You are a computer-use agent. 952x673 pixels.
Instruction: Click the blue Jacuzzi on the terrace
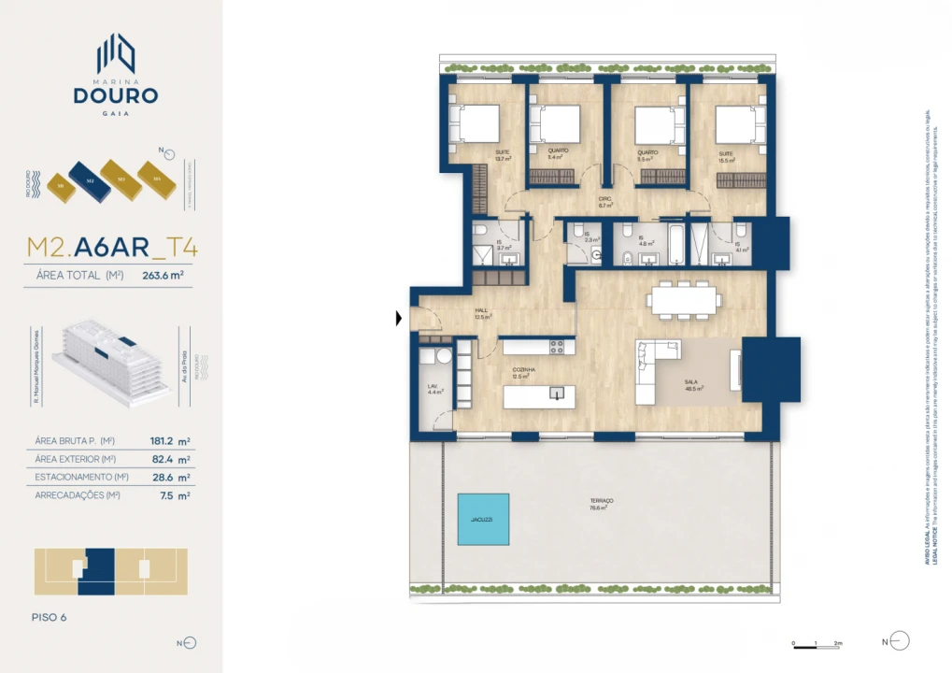coord(483,519)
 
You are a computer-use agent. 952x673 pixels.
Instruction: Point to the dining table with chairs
coord(686,299)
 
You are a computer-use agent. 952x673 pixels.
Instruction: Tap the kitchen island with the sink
coord(539,396)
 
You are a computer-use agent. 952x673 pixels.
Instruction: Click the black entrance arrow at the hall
coord(399,319)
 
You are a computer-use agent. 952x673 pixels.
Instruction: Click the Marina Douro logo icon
coord(117,53)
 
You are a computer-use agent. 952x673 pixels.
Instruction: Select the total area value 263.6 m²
coord(162,276)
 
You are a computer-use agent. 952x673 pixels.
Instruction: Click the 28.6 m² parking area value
coord(170,477)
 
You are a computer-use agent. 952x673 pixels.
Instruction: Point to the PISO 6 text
coord(50,617)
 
